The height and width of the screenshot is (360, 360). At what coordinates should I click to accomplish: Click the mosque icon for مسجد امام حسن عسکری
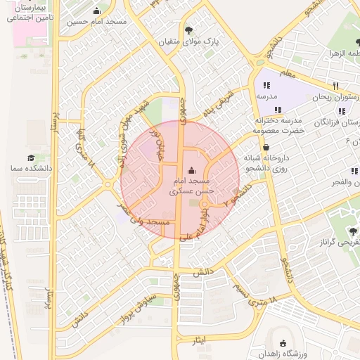click(x=193, y=169)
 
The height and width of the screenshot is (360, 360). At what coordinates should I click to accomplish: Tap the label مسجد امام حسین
click(x=97, y=22)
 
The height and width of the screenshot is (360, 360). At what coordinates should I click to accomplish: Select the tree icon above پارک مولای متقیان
click(x=189, y=30)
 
